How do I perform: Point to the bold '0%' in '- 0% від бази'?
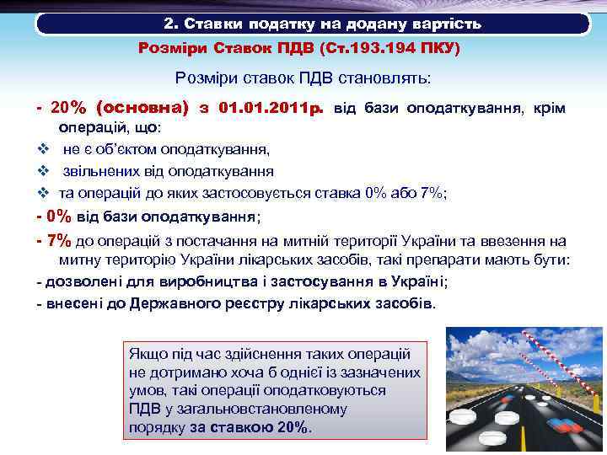tap(61, 216)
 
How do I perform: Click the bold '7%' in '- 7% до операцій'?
tap(60, 239)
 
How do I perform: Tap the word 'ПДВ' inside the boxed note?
tap(142, 409)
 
